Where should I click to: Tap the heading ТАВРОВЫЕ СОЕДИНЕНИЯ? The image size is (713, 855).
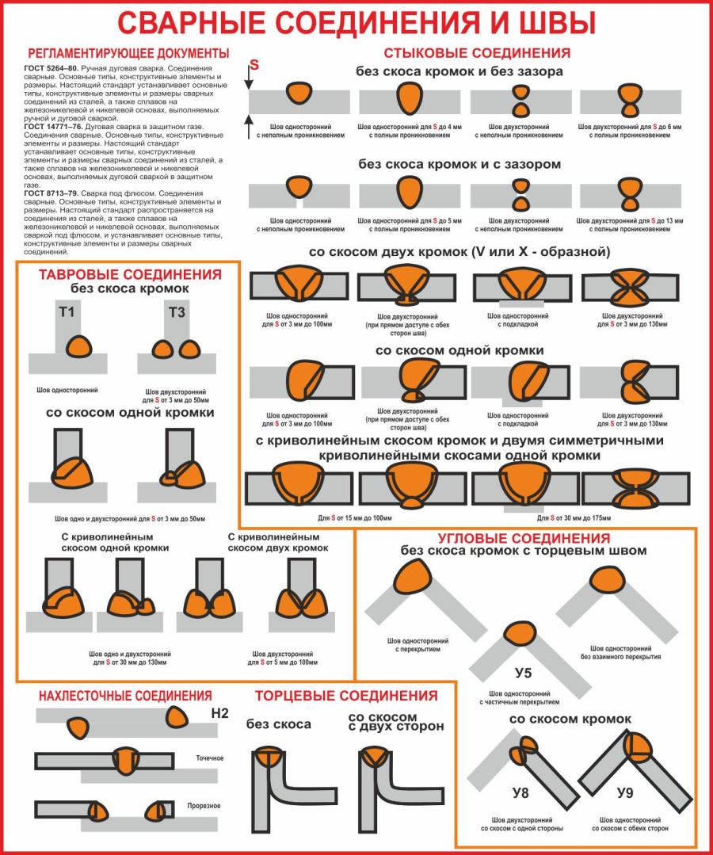point(131,275)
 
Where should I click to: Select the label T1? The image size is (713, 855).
point(67,312)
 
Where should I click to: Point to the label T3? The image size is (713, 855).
point(177,312)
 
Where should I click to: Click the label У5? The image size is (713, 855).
point(523,674)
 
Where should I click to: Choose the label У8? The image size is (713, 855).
point(520,792)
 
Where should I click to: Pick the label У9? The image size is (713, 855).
point(625,792)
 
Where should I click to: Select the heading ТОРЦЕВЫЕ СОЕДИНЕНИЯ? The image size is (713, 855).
point(346,696)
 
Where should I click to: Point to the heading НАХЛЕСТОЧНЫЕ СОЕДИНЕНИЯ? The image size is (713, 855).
point(125,696)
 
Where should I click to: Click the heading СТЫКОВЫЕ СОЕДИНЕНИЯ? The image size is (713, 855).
point(477,53)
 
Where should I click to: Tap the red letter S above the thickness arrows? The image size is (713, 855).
point(254,63)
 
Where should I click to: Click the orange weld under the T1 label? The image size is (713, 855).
point(78,346)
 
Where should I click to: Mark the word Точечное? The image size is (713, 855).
point(210,758)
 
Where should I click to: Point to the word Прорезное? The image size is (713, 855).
point(204,806)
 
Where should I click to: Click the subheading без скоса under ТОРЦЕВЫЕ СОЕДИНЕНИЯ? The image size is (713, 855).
point(278,724)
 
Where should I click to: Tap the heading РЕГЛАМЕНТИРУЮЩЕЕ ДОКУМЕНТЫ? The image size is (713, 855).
point(128,53)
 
